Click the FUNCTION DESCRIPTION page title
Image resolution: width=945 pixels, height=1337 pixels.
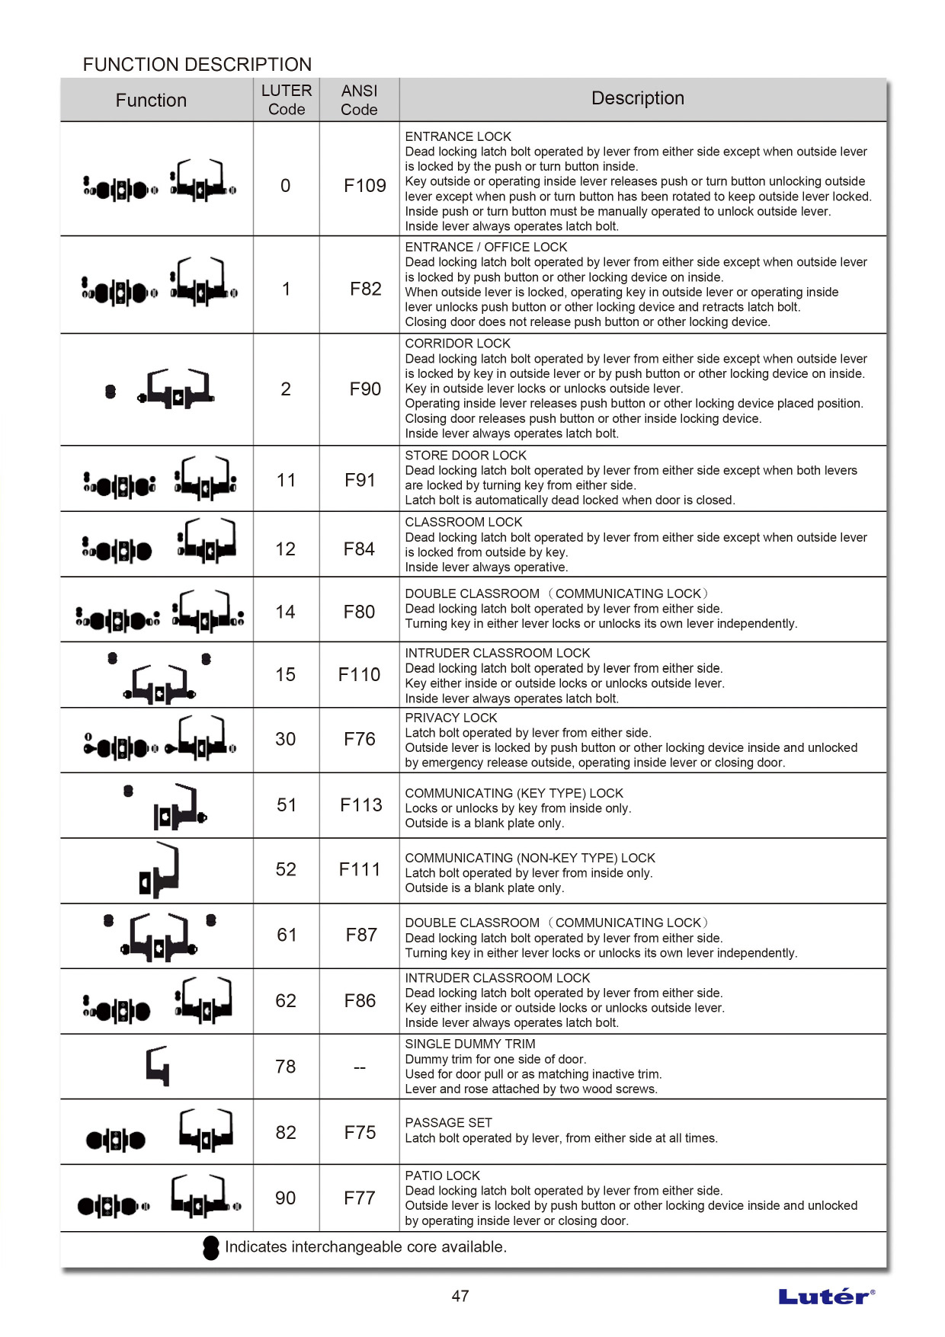pos(197,64)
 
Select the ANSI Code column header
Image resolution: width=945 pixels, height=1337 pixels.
pos(359,100)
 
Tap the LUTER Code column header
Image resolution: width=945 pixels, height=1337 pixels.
pos(287,100)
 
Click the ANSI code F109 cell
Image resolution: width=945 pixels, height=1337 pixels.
pos(364,185)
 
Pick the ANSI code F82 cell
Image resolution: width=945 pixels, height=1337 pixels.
pos(365,289)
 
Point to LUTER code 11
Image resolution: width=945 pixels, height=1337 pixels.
pos(286,480)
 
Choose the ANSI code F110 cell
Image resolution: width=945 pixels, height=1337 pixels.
pos(359,674)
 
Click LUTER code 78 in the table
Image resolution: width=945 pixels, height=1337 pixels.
pos(286,1067)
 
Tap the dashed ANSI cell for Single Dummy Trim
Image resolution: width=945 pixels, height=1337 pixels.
pos(360,1067)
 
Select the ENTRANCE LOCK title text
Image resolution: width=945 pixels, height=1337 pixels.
pos(458,136)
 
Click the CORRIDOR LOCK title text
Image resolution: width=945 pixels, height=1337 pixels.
pos(457,344)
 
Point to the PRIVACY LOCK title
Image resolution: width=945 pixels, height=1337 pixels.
pos(450,718)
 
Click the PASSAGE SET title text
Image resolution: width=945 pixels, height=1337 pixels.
pos(448,1123)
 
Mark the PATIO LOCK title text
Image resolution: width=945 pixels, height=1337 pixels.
pos(442,1175)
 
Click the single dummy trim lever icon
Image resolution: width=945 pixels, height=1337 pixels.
pos(158,1066)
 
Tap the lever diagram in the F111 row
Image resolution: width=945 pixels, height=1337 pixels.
pos(160,870)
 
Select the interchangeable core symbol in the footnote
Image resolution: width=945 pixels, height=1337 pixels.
pos(211,1247)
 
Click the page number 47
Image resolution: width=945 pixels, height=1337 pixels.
pos(460,1296)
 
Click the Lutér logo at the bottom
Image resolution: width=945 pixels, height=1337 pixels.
pos(826,1297)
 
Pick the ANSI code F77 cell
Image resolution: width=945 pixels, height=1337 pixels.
pos(360,1198)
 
